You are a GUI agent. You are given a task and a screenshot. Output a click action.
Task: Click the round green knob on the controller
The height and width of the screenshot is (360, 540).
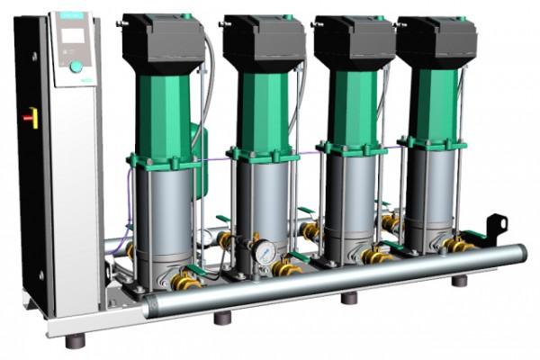tap(76, 66)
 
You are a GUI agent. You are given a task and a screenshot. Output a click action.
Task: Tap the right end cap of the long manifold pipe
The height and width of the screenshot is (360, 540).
tap(519, 255)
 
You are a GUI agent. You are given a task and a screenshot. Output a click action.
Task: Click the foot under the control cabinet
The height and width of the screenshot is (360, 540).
tap(76, 340)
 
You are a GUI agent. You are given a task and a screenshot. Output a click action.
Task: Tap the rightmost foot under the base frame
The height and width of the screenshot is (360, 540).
tap(459, 280)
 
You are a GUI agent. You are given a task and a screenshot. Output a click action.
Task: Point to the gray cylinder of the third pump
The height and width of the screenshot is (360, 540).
tap(348, 202)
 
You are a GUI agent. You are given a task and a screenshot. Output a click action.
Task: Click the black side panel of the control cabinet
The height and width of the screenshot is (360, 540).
tap(32, 180)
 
